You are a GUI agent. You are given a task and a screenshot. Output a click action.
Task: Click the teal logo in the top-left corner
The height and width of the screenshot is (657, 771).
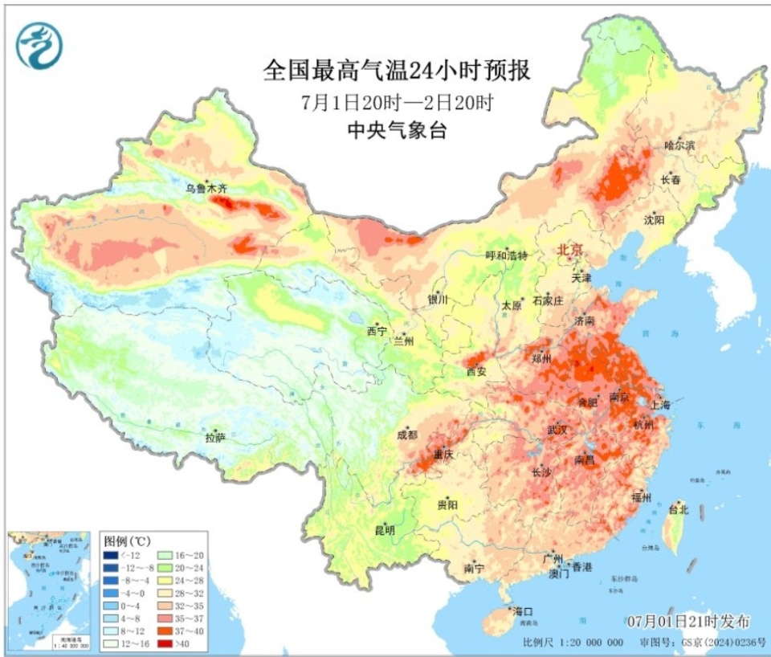point(39,46)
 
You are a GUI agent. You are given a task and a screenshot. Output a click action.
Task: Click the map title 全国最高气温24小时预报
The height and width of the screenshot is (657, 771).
point(397,71)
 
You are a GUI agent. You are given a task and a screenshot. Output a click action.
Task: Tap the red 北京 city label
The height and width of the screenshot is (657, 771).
point(571,251)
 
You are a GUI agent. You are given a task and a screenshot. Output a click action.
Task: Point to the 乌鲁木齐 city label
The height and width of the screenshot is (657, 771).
point(207,189)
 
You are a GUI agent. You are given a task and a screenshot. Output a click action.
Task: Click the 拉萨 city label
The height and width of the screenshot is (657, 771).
point(214,438)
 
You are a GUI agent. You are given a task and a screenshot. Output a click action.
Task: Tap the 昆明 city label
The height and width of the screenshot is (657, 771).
point(385,530)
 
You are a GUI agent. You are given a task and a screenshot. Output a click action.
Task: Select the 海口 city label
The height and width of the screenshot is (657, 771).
point(523,611)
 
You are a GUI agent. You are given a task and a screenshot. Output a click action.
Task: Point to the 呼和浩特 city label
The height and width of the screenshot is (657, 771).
point(507,255)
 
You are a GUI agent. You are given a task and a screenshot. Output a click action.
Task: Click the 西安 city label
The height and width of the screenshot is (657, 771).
point(476,371)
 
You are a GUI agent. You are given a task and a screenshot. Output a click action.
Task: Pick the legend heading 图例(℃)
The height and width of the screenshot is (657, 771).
point(128,540)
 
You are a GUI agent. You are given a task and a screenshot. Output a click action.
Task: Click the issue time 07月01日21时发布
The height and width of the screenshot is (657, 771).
point(688,621)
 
